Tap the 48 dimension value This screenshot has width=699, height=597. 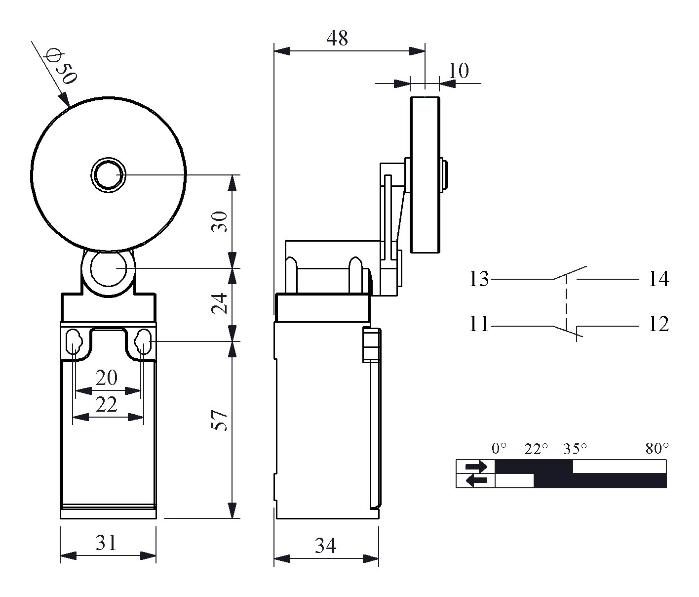[x=337, y=38]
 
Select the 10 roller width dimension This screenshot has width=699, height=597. [x=459, y=71]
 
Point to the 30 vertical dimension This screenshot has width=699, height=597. [x=219, y=221]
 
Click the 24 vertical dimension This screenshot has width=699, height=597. [x=219, y=303]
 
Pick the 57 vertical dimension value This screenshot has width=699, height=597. [x=219, y=420]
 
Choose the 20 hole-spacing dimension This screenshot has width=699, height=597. [x=107, y=378]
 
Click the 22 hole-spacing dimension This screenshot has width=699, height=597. [x=107, y=404]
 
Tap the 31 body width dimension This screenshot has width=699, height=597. [x=107, y=543]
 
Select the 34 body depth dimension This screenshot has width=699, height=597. [x=326, y=546]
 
